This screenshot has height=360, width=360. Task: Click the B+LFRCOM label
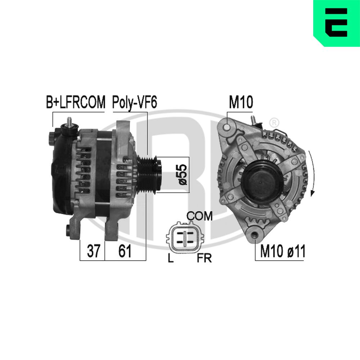(76, 102)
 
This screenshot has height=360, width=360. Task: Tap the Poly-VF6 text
(135, 103)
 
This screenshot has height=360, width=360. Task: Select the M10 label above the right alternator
(241, 102)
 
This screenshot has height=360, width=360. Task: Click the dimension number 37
(94, 251)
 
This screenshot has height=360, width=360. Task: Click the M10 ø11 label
(283, 251)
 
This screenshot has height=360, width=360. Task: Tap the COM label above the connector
(199, 216)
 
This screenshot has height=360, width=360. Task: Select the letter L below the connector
(170, 258)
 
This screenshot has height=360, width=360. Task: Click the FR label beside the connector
(204, 258)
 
